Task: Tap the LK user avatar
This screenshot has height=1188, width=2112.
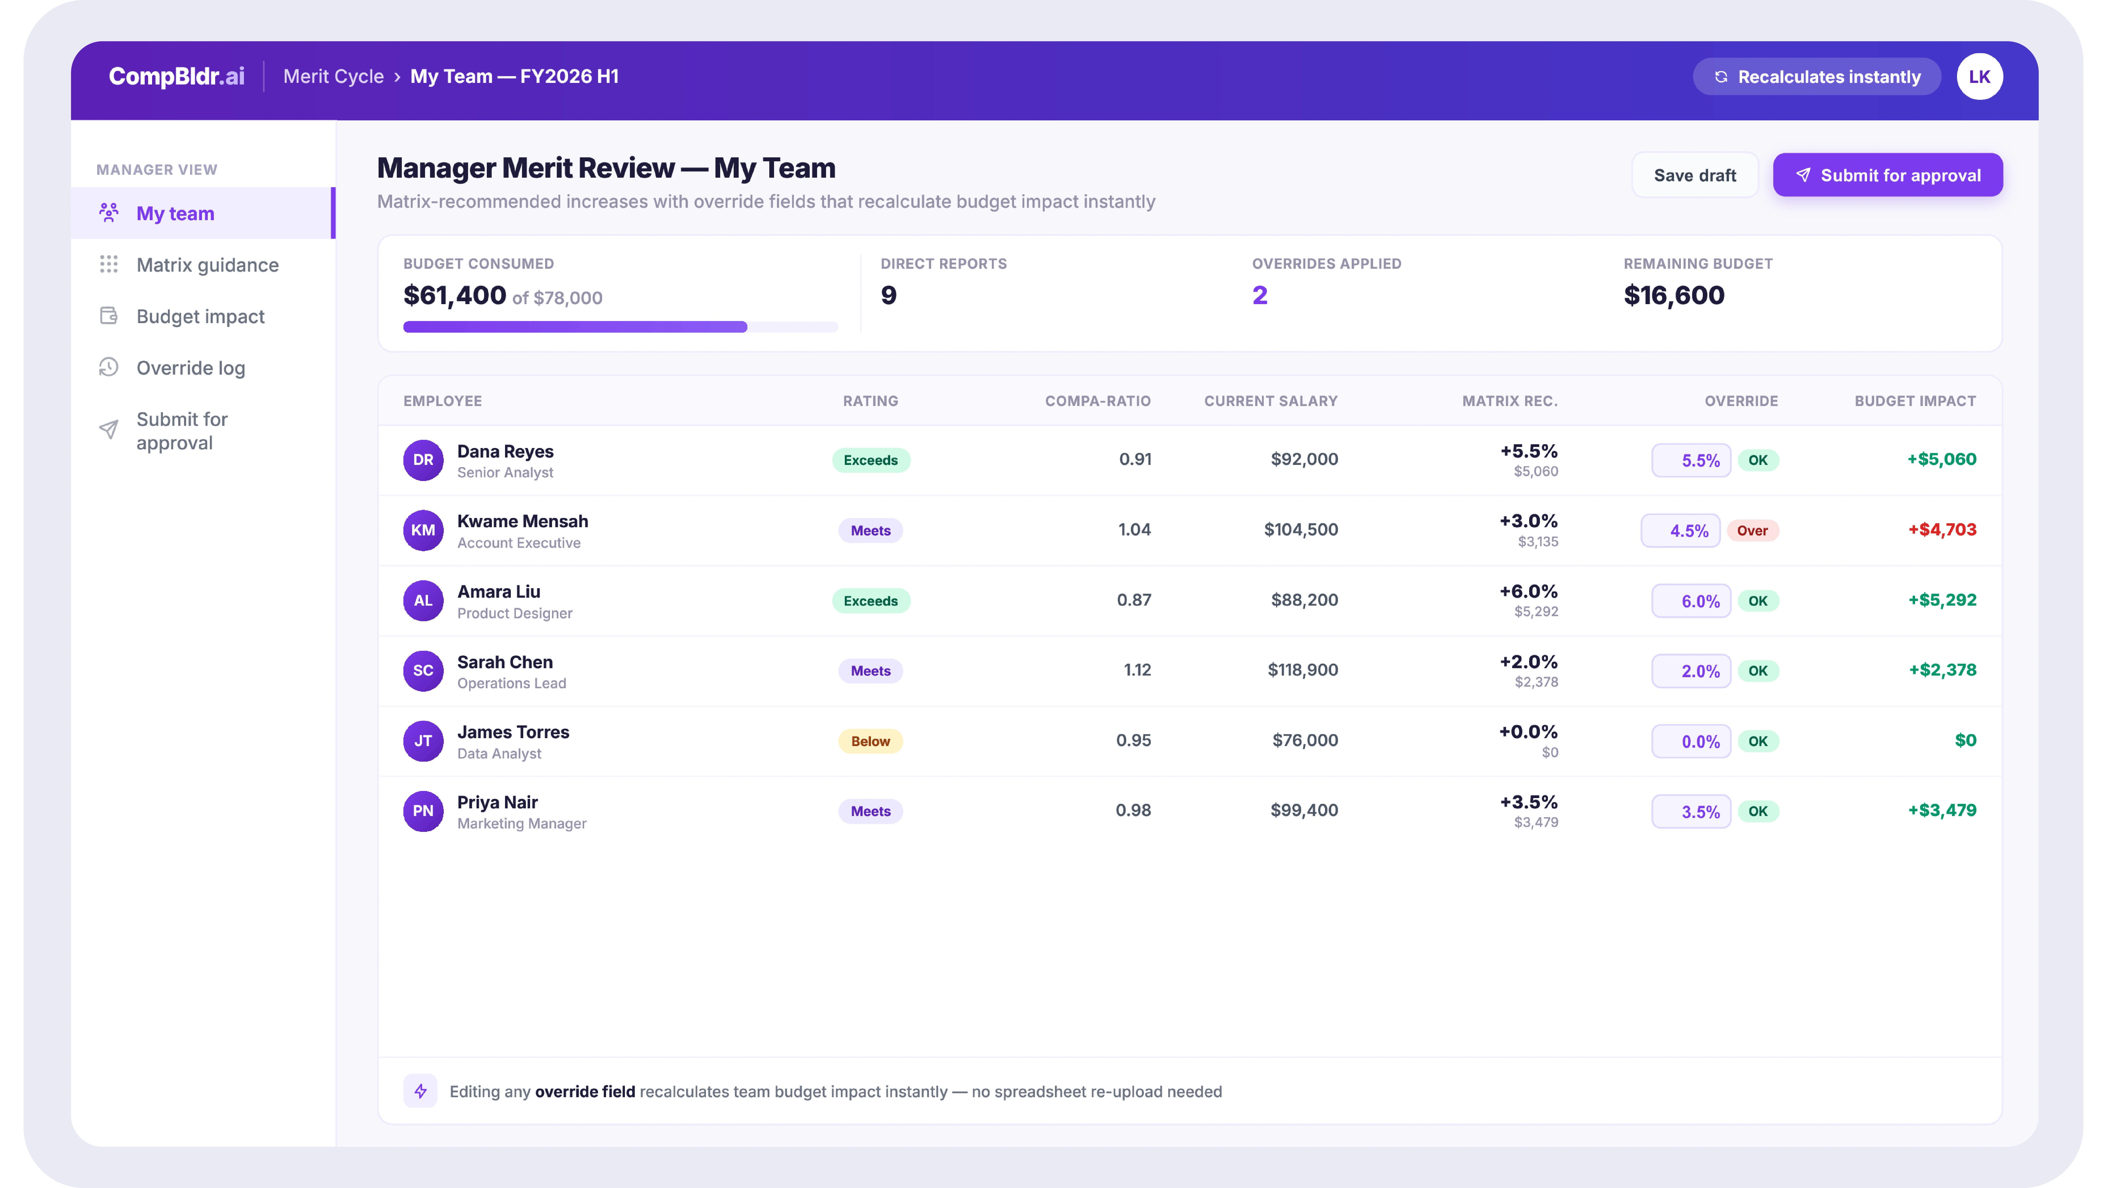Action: pos(1979,76)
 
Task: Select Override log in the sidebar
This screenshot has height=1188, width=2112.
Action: pos(190,368)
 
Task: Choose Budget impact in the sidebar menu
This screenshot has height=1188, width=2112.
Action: pos(200,317)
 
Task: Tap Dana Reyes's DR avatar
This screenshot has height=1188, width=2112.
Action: pos(423,460)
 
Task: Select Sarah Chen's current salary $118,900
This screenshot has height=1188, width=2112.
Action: pos(1303,670)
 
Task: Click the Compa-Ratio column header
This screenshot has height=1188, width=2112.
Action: pos(1098,401)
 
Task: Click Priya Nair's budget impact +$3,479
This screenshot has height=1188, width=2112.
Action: pos(1942,810)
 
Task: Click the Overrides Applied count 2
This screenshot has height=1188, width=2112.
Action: pos(1259,295)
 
